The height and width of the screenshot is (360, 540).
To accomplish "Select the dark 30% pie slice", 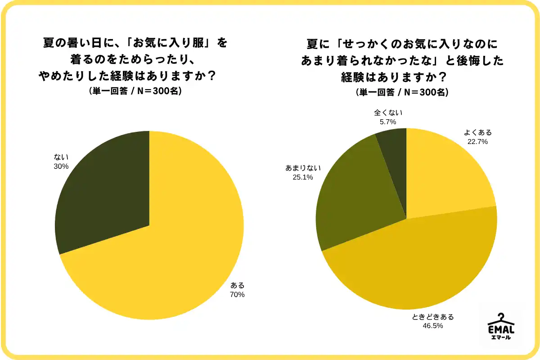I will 108,189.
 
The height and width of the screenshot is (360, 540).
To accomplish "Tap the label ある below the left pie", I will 237,285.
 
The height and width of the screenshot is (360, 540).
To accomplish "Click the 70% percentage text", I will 237,295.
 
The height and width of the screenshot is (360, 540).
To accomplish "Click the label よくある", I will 477,132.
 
